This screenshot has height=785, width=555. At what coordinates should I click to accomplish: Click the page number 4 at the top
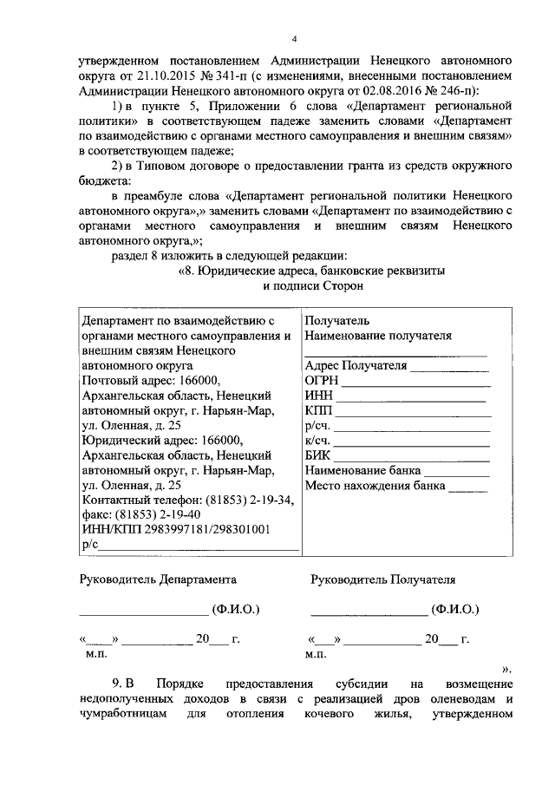pyautogui.click(x=294, y=39)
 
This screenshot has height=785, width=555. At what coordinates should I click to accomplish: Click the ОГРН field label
pyautogui.click(x=322, y=381)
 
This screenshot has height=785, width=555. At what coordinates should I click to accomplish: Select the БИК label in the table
pyautogui.click(x=317, y=455)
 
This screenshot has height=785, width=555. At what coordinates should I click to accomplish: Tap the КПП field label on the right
pyautogui.click(x=319, y=410)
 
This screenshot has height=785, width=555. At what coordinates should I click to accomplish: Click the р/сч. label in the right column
pyautogui.click(x=318, y=425)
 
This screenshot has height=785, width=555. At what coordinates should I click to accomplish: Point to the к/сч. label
pyautogui.click(x=318, y=440)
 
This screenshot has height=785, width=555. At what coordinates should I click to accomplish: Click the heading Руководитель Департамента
pyautogui.click(x=157, y=579)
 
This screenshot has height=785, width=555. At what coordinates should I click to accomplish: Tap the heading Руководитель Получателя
pyautogui.click(x=382, y=579)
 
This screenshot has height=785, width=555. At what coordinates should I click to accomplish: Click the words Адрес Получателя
pyautogui.click(x=356, y=366)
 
